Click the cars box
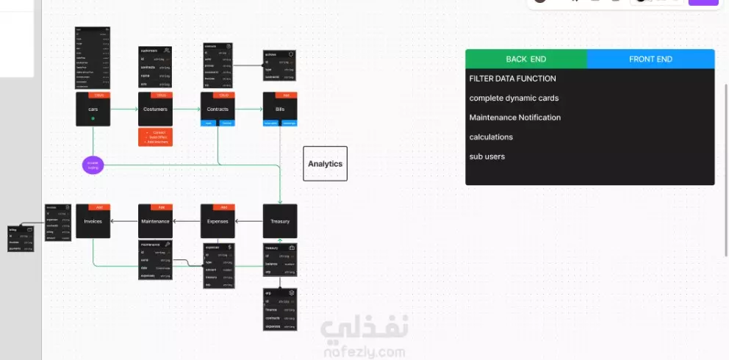(x=93, y=109)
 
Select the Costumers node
(x=155, y=109)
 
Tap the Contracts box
(x=218, y=109)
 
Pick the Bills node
(x=280, y=109)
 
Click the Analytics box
(x=325, y=164)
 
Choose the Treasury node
(x=280, y=221)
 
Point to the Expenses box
(x=218, y=221)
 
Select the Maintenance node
(x=155, y=221)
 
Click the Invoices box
(x=93, y=221)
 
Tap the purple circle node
(x=93, y=165)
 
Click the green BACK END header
(x=526, y=59)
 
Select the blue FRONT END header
(x=650, y=59)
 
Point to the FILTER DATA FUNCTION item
(x=513, y=79)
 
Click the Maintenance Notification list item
(x=515, y=118)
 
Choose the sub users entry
(x=487, y=156)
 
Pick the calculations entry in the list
(x=491, y=137)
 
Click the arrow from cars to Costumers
(x=124, y=109)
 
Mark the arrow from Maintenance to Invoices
(x=124, y=221)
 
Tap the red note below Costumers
(x=155, y=137)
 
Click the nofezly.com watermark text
(x=362, y=352)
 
